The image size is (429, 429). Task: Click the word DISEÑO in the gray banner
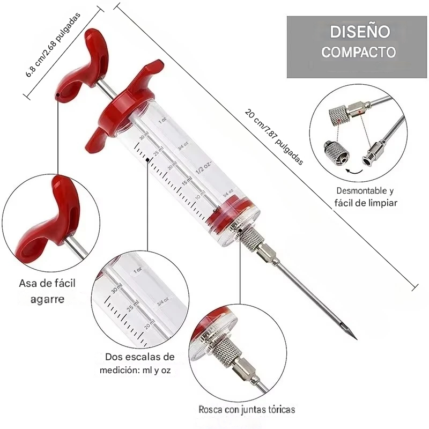pos(359,32)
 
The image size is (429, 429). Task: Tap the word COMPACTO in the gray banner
pos(358,52)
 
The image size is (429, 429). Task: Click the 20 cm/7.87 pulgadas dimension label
pos(274,137)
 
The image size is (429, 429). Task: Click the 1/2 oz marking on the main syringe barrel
pos(204,167)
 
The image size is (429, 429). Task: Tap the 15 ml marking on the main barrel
pos(187,181)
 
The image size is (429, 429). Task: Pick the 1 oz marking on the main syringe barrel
pos(162,120)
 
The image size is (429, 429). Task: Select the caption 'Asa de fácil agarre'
pos(47,291)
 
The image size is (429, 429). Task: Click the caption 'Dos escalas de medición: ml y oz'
pos(137,364)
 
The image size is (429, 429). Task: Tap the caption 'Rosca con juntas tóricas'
pos(247,410)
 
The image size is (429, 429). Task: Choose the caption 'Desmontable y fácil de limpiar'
pos(366,197)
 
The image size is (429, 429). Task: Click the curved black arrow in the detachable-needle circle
pos(354,171)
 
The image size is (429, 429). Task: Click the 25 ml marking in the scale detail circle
pos(133,306)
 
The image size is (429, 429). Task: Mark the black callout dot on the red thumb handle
pos(58,95)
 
